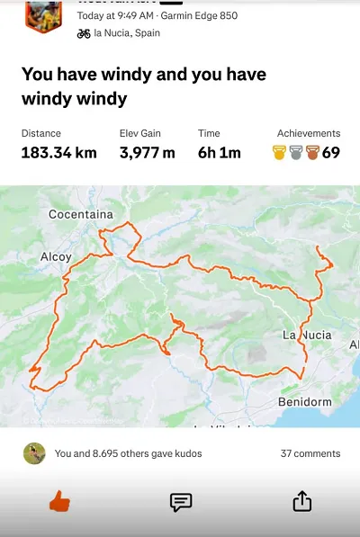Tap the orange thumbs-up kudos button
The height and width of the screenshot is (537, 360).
(59, 501)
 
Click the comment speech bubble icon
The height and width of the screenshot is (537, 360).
(181, 502)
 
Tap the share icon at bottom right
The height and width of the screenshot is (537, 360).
(302, 501)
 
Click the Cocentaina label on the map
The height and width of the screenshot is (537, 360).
(81, 214)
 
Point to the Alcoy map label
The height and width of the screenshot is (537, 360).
(56, 256)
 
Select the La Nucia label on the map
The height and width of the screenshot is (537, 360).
(307, 335)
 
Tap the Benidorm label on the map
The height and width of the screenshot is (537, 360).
(305, 401)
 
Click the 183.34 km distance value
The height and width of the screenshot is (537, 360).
(58, 153)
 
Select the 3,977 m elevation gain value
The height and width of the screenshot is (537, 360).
(147, 153)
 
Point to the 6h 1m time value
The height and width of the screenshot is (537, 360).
(220, 153)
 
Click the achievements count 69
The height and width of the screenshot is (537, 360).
(331, 153)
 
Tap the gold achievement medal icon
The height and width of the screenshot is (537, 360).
(280, 153)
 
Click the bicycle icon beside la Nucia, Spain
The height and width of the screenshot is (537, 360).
(84, 33)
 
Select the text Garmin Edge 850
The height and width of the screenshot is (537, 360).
(199, 15)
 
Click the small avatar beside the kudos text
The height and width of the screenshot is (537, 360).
(34, 453)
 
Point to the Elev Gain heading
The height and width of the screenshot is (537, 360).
(140, 133)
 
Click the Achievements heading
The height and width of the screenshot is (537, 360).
(309, 133)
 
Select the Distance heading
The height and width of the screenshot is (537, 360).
(41, 133)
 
